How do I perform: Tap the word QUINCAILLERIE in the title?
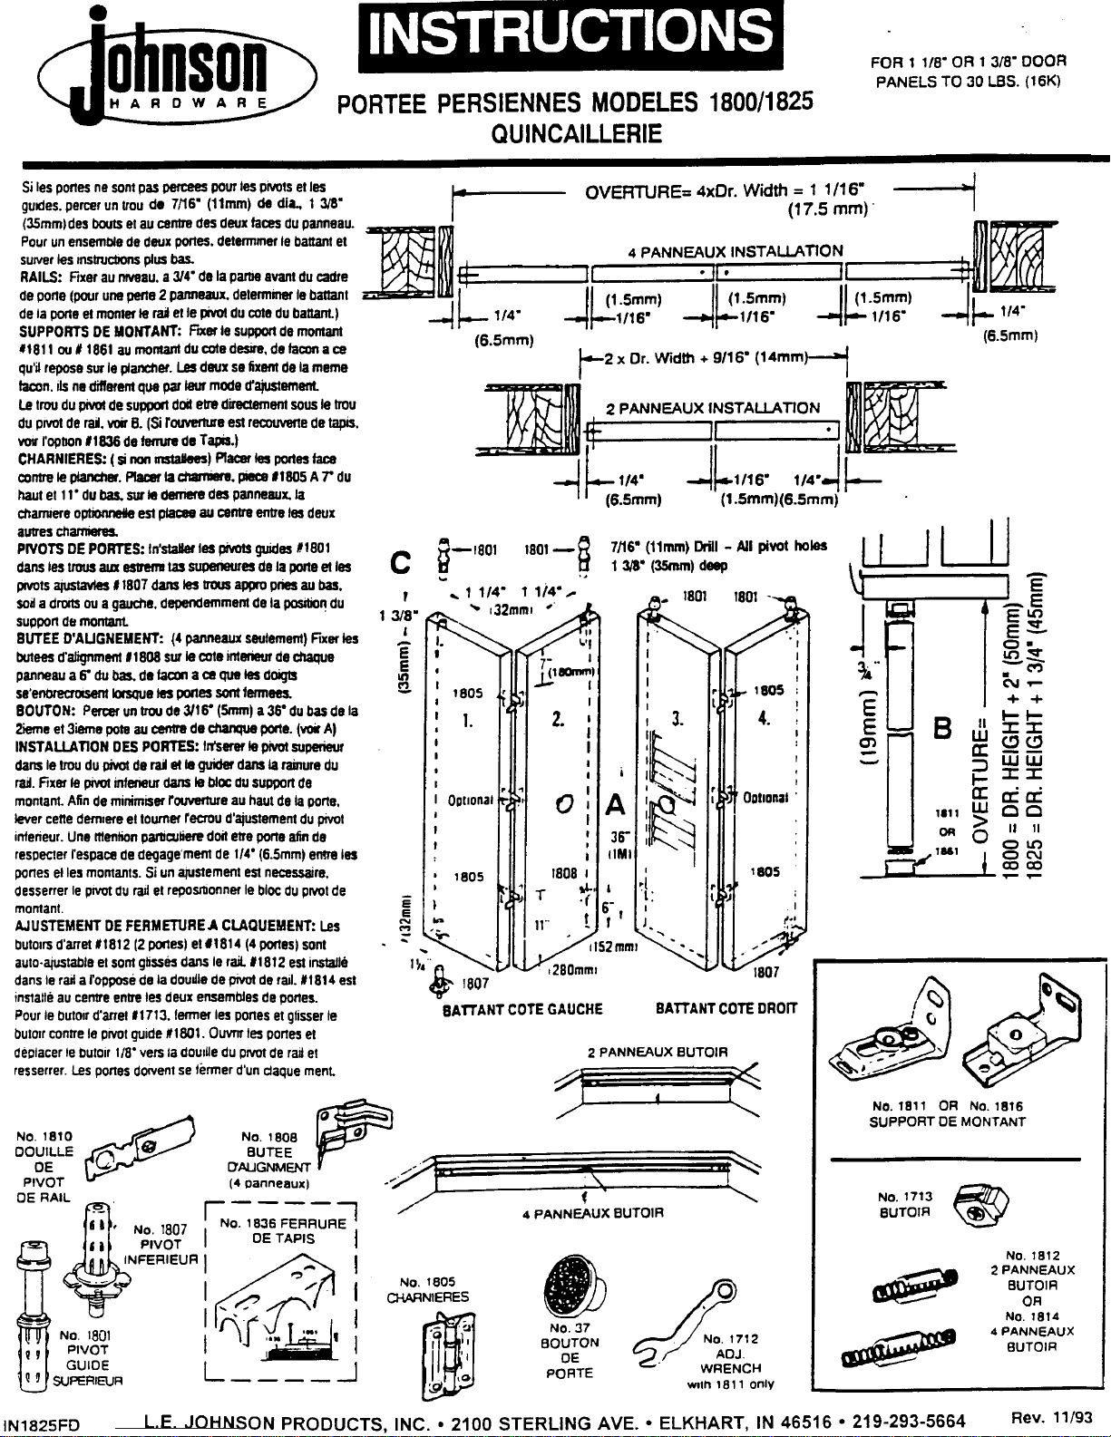(x=575, y=134)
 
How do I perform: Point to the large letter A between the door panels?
(x=616, y=804)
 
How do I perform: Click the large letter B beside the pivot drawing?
(x=943, y=729)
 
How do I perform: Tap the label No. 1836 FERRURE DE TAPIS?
(x=283, y=1230)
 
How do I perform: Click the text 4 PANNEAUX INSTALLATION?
(x=736, y=251)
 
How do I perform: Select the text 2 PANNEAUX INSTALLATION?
(x=712, y=408)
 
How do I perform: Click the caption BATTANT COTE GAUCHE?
(x=521, y=1008)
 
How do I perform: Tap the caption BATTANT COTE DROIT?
(x=726, y=1008)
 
